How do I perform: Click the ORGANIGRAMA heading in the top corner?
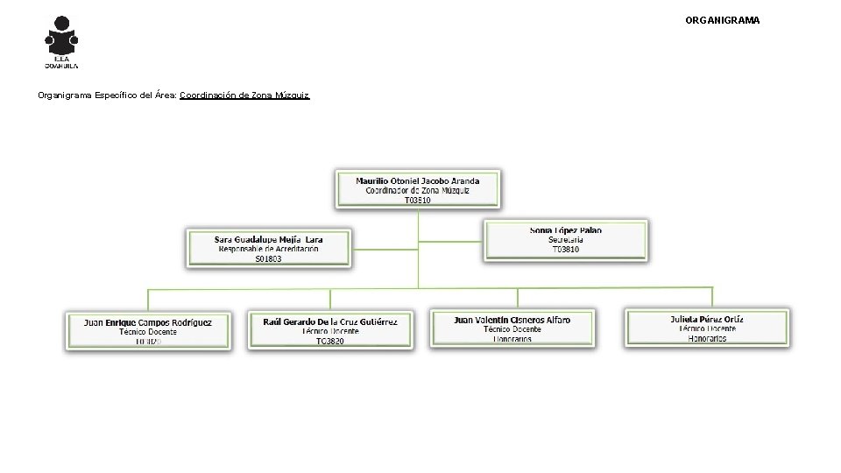[x=723, y=19]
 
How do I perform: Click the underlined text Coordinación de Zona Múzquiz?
[x=244, y=95]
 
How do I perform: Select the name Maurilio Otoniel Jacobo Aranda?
[x=418, y=181]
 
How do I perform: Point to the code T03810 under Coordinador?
[x=418, y=200]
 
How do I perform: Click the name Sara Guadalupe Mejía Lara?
[x=269, y=239]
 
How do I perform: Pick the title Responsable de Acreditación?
[x=269, y=249]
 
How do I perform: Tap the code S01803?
[x=269, y=258]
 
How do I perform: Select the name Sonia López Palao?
[x=566, y=230]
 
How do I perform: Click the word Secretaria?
[x=566, y=240]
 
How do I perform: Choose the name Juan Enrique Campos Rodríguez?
[x=148, y=322]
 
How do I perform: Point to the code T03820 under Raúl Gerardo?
[x=330, y=341]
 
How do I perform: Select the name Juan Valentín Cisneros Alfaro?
[x=512, y=321]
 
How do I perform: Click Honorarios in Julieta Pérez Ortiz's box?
[x=707, y=338]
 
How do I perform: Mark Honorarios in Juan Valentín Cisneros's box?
[x=512, y=339]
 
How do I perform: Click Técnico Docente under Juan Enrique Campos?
[x=148, y=332]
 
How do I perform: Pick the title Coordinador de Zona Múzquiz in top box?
[x=418, y=190]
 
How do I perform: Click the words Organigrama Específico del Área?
[x=107, y=95]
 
